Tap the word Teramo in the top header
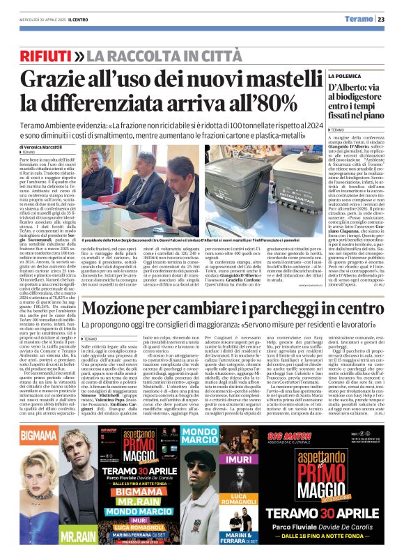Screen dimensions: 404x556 (359, 20)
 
